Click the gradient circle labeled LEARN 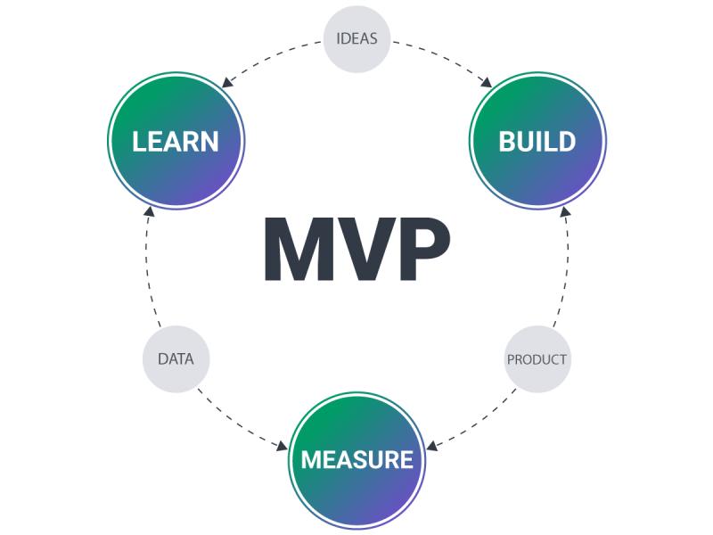click(176, 141)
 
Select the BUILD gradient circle click(537, 141)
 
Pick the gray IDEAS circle click(356, 38)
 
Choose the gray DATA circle click(176, 359)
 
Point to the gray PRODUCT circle click(537, 359)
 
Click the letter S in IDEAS click(373, 38)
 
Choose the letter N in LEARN click(209, 141)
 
